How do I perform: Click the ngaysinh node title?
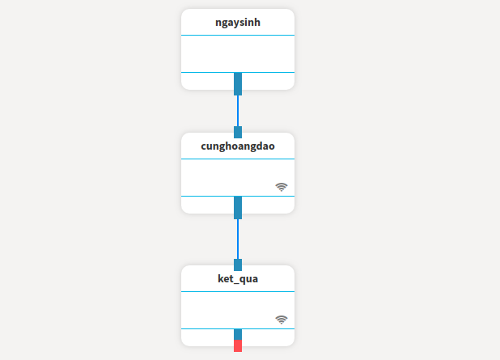pos(238,23)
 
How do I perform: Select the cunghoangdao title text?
pos(238,146)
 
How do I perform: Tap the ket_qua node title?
pos(238,279)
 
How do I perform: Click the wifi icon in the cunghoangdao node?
pos(282,187)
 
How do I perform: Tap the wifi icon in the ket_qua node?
pos(282,320)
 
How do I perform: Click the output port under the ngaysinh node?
pos(238,84)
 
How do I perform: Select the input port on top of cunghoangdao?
pos(238,133)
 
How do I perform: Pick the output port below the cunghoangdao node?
pos(238,208)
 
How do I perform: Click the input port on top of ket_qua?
pos(238,265)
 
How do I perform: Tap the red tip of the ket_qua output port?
pos(238,346)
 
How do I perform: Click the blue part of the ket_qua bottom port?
pos(238,334)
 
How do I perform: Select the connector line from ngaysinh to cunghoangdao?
pos(238,111)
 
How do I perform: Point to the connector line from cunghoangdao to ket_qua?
pos(238,239)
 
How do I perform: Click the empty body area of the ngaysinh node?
pos(238,54)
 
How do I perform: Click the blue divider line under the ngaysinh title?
pos(238,35)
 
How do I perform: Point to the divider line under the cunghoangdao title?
pos(238,159)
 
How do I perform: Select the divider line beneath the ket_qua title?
pos(238,291)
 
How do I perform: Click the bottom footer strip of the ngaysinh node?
pos(207,82)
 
